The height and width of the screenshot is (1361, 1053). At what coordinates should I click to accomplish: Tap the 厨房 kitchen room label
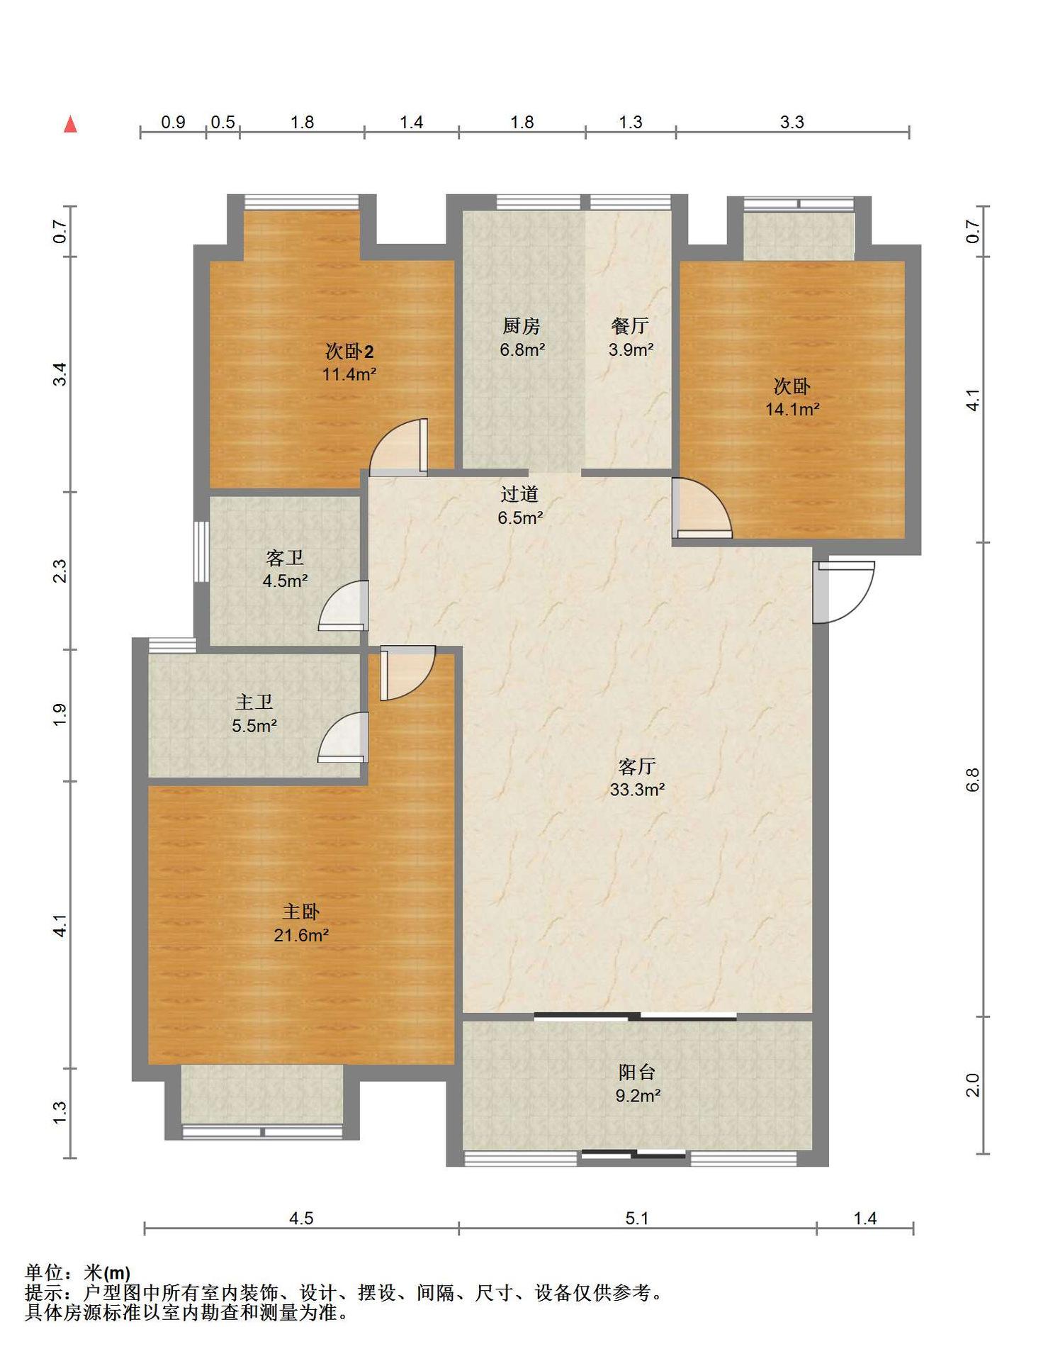pos(522,325)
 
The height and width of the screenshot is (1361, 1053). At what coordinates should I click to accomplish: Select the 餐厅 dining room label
pos(630,325)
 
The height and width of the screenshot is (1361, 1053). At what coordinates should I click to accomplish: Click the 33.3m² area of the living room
pos(637,790)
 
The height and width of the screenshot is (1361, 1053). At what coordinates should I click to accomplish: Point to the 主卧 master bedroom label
pos(301,912)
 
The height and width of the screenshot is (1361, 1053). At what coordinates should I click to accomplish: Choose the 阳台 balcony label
pos(637,1072)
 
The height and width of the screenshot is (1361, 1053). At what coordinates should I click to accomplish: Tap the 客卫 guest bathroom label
pos(285,557)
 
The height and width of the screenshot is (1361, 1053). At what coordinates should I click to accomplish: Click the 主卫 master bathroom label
pos(254,702)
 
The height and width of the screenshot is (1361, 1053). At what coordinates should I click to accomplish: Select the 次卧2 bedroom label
pos(349,350)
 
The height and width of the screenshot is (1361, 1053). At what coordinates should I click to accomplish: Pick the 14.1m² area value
pos(792,409)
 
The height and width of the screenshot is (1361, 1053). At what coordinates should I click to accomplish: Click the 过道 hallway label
pos(519,493)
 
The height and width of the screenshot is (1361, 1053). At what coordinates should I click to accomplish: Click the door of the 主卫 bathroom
pos(343,737)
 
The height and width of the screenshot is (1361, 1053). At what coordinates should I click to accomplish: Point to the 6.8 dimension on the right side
pos(973,780)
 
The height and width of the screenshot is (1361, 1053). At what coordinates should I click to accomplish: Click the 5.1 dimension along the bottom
pos(637,1218)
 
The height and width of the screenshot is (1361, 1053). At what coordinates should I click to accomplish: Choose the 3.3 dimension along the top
pos(792,122)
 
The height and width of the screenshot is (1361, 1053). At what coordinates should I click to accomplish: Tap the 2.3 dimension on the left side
pos(61,571)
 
